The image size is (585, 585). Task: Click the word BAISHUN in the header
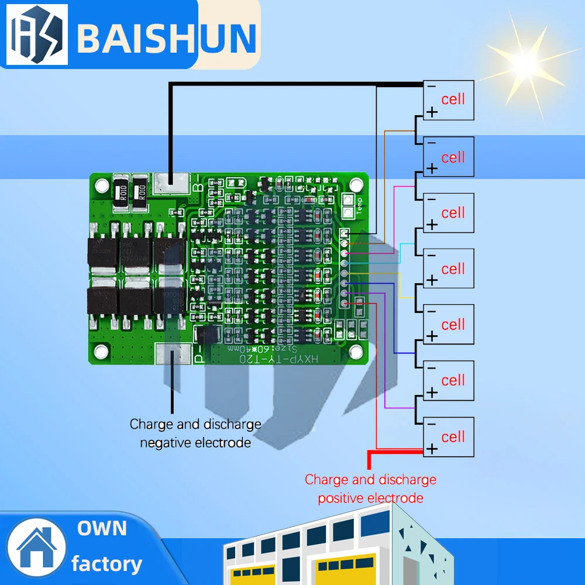tap(167, 37)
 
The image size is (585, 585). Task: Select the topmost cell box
tap(448, 100)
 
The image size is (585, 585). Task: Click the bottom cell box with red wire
tap(448, 437)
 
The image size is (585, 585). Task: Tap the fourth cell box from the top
tap(448, 269)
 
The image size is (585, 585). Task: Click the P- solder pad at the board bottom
tap(173, 354)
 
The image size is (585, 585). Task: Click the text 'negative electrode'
tap(195, 443)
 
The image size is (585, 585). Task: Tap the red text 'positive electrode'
tap(370, 498)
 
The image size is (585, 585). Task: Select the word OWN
tap(102, 528)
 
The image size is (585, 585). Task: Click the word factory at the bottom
tap(106, 564)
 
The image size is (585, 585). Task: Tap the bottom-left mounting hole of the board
tap(102, 351)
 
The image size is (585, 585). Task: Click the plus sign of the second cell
tap(432, 168)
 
